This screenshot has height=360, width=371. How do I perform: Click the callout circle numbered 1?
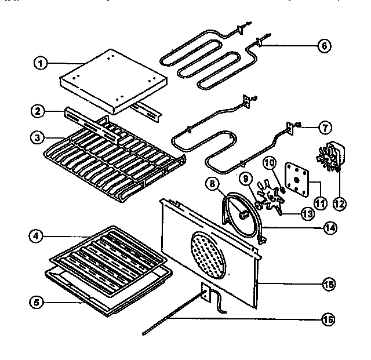pyautogui.click(x=39, y=64)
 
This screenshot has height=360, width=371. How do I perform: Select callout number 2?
pyautogui.click(x=38, y=110)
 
